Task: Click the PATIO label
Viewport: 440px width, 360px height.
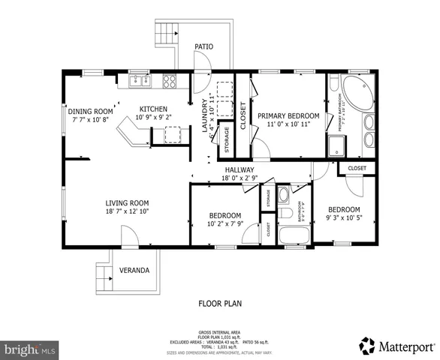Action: [203, 46]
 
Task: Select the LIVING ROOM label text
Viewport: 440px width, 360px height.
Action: [126, 202]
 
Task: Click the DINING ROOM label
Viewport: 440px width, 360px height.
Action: [91, 109]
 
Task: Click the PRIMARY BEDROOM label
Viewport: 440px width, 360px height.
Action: [288, 116]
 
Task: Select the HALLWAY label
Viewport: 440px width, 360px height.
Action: [240, 170]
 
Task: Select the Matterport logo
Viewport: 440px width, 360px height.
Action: [396, 346]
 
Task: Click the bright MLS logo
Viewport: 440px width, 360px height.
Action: [30, 349]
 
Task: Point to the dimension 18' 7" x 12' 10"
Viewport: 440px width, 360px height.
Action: [126, 212]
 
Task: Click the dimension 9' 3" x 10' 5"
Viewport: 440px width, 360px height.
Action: [344, 219]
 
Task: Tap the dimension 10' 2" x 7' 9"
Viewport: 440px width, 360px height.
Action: [225, 224]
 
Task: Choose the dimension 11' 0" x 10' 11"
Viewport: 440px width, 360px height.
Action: [288, 126]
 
